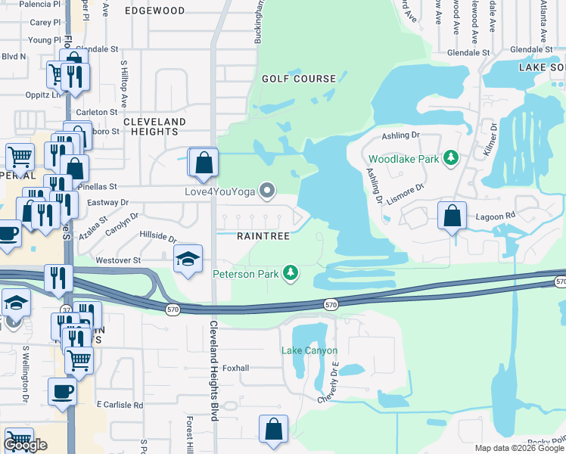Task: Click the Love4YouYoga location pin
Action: click(x=266, y=191)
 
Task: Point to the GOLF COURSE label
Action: click(x=299, y=79)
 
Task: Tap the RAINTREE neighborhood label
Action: click(x=263, y=237)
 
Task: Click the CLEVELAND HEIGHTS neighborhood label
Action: click(x=154, y=126)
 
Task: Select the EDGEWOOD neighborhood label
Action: click(x=154, y=11)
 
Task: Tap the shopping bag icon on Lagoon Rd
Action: click(x=452, y=216)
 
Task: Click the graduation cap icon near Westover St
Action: click(x=188, y=260)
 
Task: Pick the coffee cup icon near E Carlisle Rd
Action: click(x=62, y=392)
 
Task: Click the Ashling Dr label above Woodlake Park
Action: click(x=400, y=135)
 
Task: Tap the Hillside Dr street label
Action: click(x=159, y=237)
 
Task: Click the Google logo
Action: click(x=26, y=445)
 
